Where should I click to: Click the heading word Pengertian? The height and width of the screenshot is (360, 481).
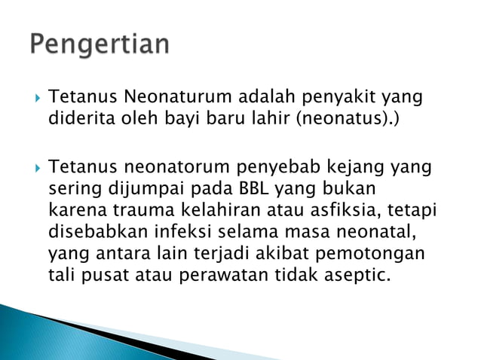click(x=100, y=44)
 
